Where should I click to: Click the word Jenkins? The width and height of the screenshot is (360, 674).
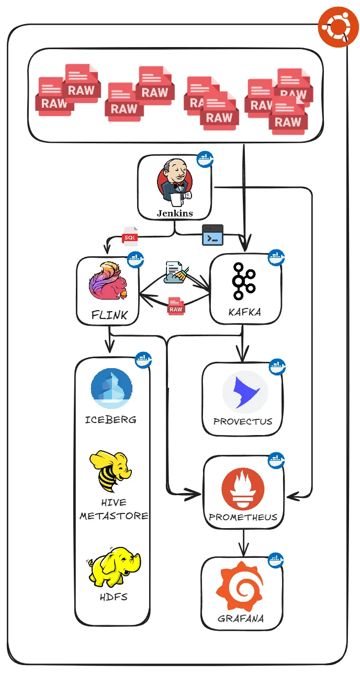175,213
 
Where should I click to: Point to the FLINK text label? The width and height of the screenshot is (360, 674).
108,315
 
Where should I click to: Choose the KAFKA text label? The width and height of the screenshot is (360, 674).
245,312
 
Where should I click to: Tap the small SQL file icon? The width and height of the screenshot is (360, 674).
130,236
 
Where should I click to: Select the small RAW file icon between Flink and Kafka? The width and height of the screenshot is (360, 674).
176,306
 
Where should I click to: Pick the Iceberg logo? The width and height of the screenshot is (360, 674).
111,389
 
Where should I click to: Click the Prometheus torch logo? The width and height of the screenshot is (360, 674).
243,490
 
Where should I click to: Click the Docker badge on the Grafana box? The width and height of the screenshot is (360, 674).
276,560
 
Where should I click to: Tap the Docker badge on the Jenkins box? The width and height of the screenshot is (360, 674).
205,159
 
